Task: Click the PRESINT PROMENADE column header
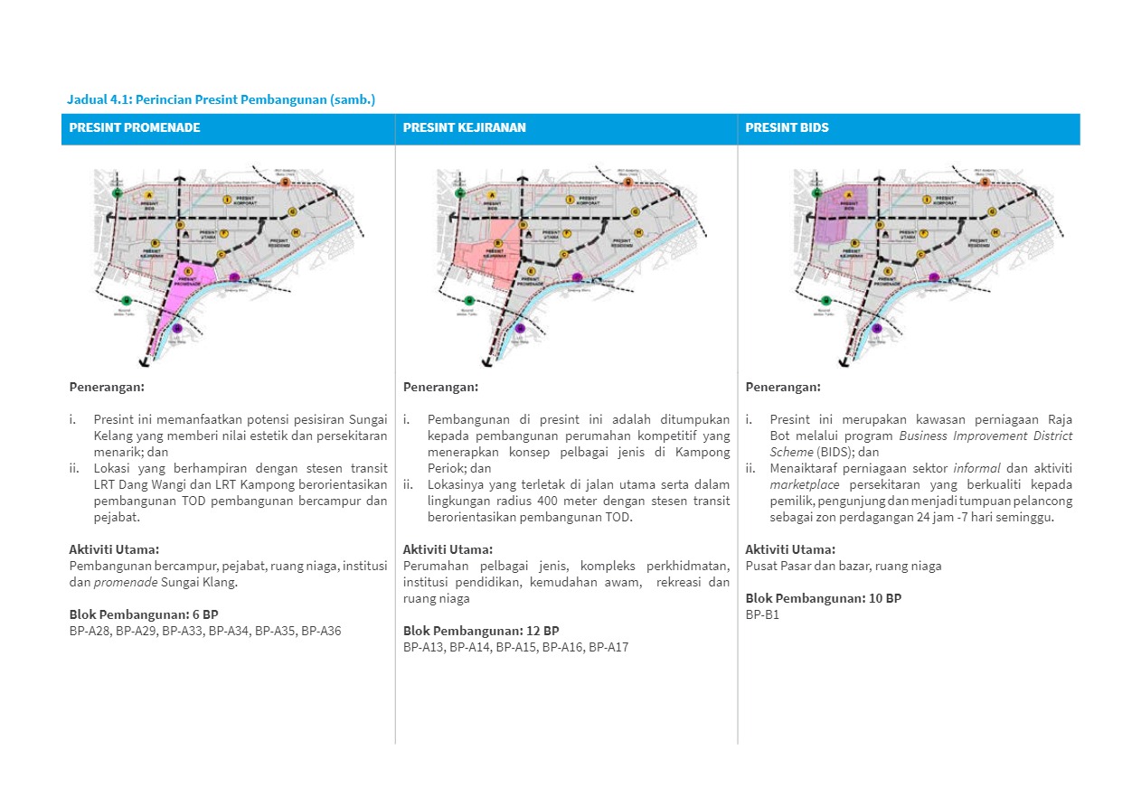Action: (x=135, y=127)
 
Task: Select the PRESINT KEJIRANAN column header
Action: (x=464, y=127)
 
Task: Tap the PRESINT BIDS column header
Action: (x=774, y=127)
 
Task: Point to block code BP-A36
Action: (x=321, y=631)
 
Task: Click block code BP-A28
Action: (x=90, y=631)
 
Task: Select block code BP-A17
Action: (x=608, y=647)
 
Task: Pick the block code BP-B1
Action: (x=762, y=614)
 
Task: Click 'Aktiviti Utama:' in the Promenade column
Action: (x=114, y=549)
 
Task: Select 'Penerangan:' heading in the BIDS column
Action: (x=783, y=387)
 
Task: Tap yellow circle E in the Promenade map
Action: (x=188, y=271)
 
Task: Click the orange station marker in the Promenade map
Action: (x=285, y=183)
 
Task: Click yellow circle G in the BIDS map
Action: (x=993, y=211)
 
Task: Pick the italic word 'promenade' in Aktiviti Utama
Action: (x=121, y=582)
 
